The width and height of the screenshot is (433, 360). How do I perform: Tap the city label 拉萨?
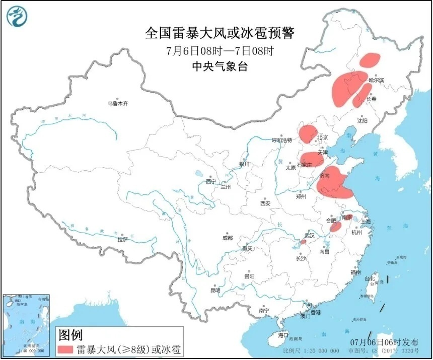pos(122,240)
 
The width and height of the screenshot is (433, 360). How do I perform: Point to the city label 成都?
pos(227,238)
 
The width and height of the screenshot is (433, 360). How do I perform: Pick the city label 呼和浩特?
pos(282,140)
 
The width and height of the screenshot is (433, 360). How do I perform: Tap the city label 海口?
pos(283,335)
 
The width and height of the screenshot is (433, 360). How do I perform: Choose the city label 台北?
pos(370,278)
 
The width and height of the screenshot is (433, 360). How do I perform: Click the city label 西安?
pos(265,203)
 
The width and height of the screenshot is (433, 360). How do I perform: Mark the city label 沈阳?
pos(362,121)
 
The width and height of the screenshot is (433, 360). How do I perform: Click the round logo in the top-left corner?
pos(17,17)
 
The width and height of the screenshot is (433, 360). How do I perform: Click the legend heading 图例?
pos(70,334)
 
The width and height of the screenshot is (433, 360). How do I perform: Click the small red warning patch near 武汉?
pos(303,242)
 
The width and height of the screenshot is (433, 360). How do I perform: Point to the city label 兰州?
pos(225,187)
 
